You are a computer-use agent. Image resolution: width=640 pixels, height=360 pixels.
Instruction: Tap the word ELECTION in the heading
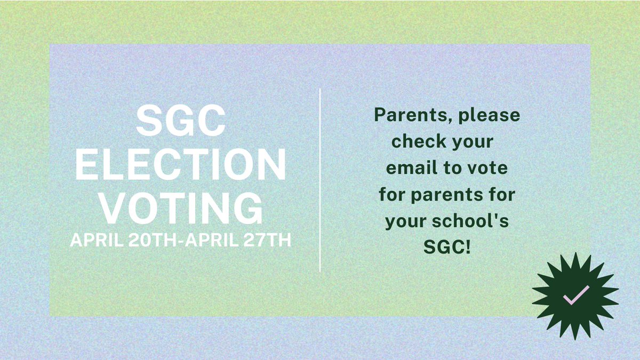[x=180, y=165]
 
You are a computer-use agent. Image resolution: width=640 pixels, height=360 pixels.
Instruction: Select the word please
[x=494, y=116]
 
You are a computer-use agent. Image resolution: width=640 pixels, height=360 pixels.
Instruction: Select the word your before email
[x=470, y=142]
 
